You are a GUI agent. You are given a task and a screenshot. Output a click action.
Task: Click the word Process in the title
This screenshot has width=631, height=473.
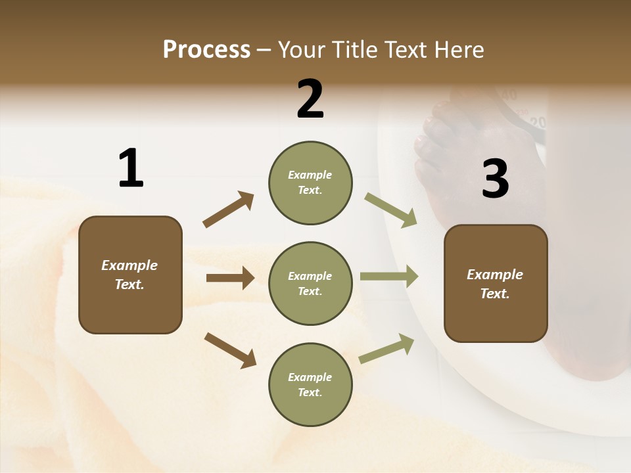click(x=206, y=50)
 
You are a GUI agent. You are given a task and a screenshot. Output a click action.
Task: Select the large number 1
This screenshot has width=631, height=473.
click(x=131, y=169)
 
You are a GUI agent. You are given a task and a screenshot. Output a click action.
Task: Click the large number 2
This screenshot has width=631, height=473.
click(x=310, y=99)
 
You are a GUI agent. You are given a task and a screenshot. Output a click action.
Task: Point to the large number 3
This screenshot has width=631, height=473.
click(x=495, y=179)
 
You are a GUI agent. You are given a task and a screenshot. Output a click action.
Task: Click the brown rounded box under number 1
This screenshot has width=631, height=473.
click(x=130, y=275)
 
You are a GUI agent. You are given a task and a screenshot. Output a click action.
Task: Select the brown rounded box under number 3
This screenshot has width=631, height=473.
click(x=496, y=284)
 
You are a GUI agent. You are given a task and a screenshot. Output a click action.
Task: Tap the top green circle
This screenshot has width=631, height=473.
click(x=310, y=183)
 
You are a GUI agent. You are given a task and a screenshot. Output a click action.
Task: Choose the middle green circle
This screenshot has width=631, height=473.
click(x=310, y=284)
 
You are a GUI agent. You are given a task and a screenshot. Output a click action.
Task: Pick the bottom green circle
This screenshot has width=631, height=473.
click(x=310, y=385)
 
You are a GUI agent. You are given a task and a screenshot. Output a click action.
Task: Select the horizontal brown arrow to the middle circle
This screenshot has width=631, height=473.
click(x=230, y=278)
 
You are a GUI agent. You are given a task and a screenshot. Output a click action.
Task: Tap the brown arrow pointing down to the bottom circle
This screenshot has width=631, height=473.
click(x=230, y=350)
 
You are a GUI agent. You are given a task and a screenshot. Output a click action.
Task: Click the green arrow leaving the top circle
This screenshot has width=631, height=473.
click(x=391, y=210)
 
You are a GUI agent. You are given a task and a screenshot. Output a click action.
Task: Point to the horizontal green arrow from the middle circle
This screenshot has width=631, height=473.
click(x=389, y=276)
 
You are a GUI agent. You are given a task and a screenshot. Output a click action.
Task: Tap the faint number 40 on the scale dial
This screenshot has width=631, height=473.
click(x=509, y=96)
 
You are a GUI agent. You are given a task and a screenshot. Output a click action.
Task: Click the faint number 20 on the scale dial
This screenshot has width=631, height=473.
click(x=538, y=122)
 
